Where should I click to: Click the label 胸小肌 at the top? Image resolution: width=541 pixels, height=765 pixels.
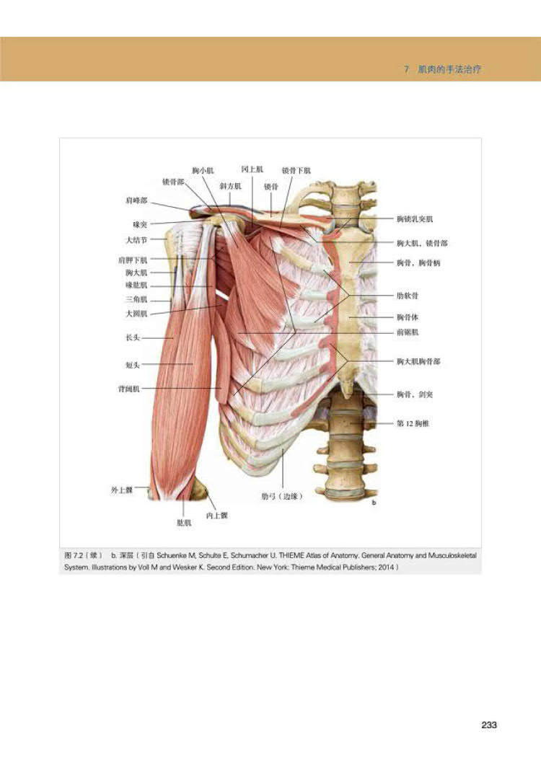coord(203,171)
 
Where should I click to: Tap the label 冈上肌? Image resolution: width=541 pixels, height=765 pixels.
coord(252,169)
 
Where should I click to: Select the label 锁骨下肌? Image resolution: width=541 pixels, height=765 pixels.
coord(296,171)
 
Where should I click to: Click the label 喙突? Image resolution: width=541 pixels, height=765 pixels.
coord(139,225)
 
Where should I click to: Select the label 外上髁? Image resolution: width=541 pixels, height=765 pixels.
coord(121,490)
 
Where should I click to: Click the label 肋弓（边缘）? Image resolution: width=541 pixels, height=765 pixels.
coord(281,496)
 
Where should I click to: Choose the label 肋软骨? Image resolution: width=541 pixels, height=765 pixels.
coord(408,296)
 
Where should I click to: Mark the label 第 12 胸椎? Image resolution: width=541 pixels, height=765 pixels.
coord(413,425)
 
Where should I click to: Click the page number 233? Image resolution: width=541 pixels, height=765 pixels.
coord(489,725)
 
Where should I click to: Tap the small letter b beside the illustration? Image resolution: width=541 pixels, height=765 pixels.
coord(374,503)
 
